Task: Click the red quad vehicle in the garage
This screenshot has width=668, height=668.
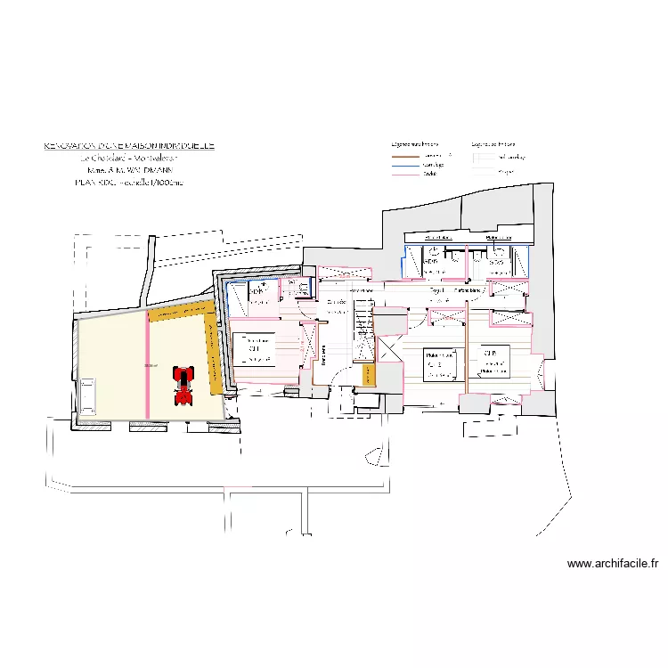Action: coord(183,385)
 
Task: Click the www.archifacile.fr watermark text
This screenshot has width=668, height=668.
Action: coord(612,564)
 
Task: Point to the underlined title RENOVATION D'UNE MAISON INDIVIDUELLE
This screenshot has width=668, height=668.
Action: coord(130,145)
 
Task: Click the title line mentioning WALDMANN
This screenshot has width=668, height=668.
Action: coord(130,169)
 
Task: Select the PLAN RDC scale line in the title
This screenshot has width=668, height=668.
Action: coord(130,182)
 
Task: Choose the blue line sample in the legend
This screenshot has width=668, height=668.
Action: coord(404,165)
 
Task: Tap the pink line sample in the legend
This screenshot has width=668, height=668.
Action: coord(404,174)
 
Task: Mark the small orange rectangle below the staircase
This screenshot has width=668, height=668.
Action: coord(368,375)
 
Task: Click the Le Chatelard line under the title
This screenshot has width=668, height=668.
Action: coord(130,158)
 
